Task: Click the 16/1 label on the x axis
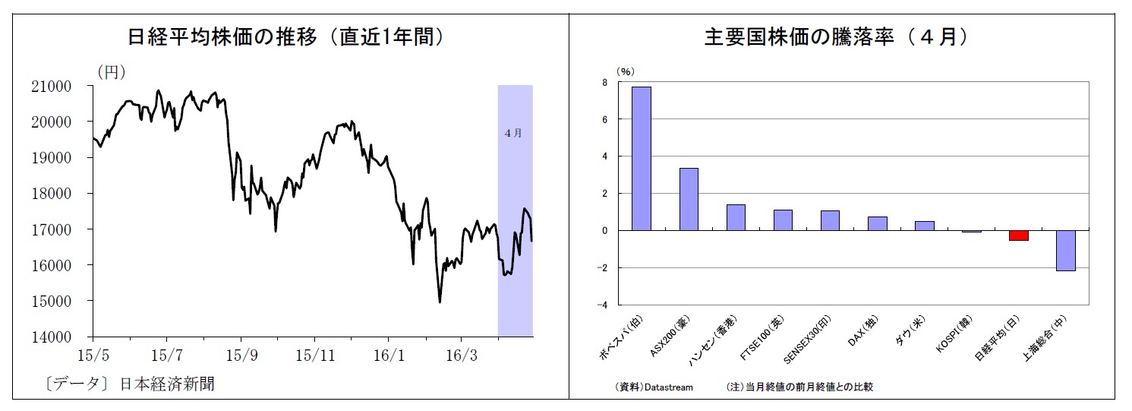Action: click(388, 354)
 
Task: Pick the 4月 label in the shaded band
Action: click(513, 133)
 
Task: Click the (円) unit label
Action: click(111, 71)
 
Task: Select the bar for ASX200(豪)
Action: click(689, 199)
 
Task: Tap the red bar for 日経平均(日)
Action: click(1018, 236)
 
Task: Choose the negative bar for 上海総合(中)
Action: click(1065, 250)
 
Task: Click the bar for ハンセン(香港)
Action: click(736, 217)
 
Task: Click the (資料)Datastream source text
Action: click(654, 387)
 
